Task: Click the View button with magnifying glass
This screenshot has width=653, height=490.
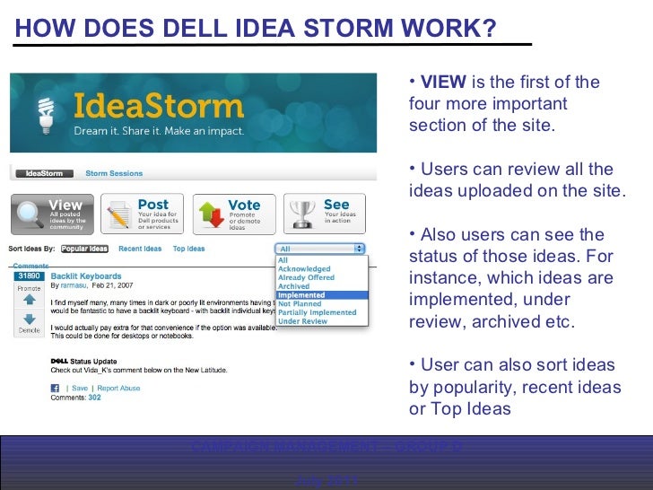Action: [x=51, y=213]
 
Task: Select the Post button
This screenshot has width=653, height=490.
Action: [x=142, y=213]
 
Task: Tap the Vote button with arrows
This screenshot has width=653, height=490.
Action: [x=232, y=213]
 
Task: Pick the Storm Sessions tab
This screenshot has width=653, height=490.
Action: [x=113, y=173]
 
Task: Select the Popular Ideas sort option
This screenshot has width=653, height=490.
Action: [x=84, y=249]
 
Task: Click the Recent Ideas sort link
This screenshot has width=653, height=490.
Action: [x=140, y=249]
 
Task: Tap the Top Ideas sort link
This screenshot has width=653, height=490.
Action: [x=188, y=249]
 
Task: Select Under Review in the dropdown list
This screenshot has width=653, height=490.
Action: [x=302, y=321]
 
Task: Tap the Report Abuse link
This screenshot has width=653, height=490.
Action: [x=119, y=389]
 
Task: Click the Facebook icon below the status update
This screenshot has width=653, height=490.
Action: [x=55, y=389]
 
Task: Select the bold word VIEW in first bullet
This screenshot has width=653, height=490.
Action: [x=443, y=83]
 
